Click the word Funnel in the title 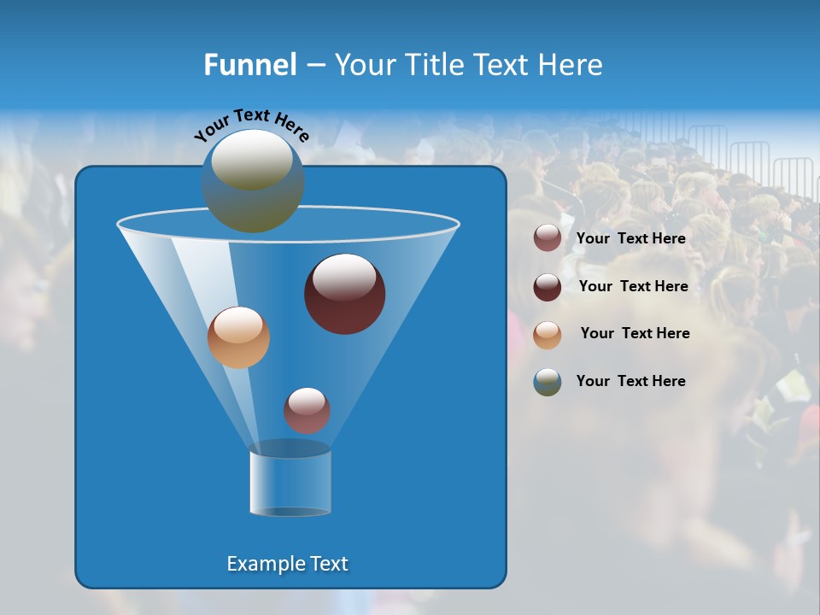[x=250, y=65]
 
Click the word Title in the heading [x=433, y=65]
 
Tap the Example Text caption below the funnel [x=287, y=564]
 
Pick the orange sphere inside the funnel [x=238, y=337]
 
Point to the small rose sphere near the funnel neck [x=307, y=411]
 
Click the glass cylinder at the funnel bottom [x=290, y=483]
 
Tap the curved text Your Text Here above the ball [x=251, y=125]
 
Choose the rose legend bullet [x=548, y=238]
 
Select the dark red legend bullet [x=548, y=287]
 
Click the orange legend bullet [x=548, y=334]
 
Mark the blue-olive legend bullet [x=548, y=382]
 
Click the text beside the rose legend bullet [x=630, y=239]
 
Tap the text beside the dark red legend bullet [x=633, y=287]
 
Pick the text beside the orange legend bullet [x=635, y=334]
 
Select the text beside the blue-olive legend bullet [x=630, y=382]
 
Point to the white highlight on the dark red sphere [x=344, y=278]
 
